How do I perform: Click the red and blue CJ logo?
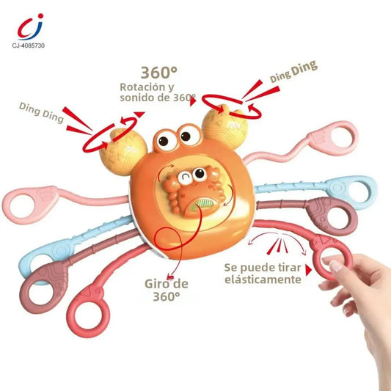pos(30,27)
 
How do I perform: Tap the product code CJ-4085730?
pos(29,45)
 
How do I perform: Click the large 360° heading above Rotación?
pos(159,73)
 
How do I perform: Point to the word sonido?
pos(136,98)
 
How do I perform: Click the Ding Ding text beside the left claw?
pos(41,113)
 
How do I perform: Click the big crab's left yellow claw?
pos(123,152)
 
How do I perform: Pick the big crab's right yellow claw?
pos(225,127)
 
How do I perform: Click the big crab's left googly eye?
pos(165,140)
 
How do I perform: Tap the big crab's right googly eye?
pos(189,135)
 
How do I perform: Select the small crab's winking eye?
pos(185,178)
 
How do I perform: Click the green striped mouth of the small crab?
pos(202,202)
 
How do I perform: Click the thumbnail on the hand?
pos(335,266)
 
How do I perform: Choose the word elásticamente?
pos(263,279)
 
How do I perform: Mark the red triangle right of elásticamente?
pos(308,270)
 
